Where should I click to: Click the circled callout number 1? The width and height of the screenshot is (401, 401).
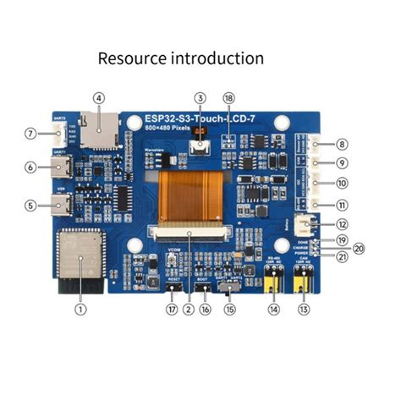pos(80,310)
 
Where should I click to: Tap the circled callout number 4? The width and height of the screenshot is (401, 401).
pos(99,97)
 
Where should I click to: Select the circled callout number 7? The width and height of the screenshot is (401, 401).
pos(30,133)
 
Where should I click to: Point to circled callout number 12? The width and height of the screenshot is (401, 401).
pos(342,224)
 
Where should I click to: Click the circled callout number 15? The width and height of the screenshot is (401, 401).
pos(228,310)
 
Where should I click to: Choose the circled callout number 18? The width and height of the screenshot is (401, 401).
pos(229,98)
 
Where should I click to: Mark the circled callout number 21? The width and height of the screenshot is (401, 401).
pos(342,256)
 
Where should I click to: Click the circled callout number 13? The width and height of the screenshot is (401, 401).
pos(305,310)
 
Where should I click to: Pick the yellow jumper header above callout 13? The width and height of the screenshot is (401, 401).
pos(304,287)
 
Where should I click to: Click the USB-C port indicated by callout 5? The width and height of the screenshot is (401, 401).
pos(63,204)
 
